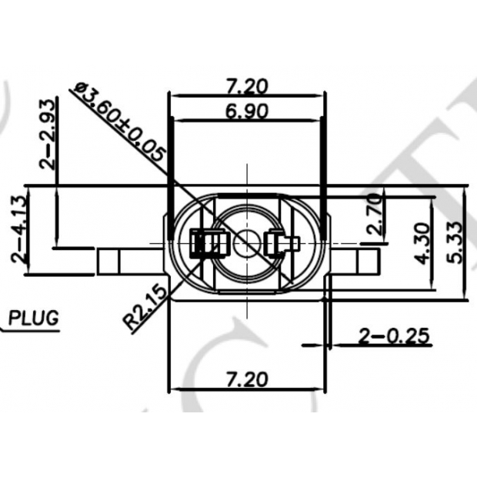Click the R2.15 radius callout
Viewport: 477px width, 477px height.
[x=144, y=306]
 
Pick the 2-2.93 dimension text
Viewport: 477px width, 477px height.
[x=48, y=134]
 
